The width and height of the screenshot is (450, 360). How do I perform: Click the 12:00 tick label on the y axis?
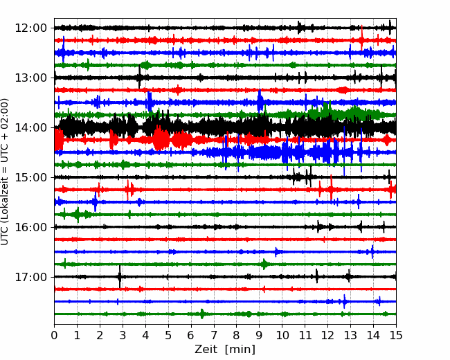click(x=30, y=28)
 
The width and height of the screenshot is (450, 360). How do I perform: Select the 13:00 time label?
click(x=30, y=78)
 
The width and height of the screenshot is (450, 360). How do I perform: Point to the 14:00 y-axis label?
click(x=30, y=127)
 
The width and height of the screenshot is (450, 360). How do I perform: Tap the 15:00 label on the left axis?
click(x=30, y=177)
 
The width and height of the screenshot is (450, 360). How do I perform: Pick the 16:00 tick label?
click(x=30, y=227)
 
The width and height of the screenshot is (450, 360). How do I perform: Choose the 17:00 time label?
click(x=30, y=277)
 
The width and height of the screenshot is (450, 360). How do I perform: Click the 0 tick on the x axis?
click(x=54, y=335)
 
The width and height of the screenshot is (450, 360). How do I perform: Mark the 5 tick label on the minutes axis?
click(x=168, y=335)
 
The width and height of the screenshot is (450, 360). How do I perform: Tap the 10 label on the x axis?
click(x=282, y=335)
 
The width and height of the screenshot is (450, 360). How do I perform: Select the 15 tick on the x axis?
click(x=396, y=335)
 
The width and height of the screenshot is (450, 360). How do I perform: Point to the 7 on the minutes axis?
click(x=214, y=335)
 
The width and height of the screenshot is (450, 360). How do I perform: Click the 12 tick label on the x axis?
click(x=327, y=335)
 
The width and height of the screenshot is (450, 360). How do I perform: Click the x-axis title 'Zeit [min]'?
click(x=225, y=350)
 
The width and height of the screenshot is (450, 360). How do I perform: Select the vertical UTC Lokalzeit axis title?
click(x=5, y=172)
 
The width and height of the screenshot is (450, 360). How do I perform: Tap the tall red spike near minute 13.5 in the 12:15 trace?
click(x=361, y=38)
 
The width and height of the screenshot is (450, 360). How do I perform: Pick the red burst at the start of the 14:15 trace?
click(x=59, y=140)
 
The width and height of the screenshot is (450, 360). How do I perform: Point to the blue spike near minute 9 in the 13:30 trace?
click(x=260, y=101)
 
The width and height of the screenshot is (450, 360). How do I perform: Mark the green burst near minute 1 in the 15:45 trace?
click(x=78, y=215)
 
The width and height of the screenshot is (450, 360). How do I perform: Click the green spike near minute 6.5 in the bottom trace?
click(x=202, y=314)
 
